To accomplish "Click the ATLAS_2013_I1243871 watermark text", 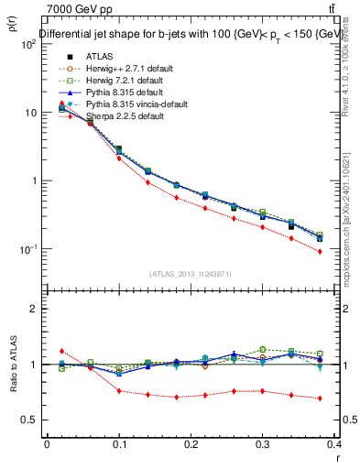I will pos(190,274).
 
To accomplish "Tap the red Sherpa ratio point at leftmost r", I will pos(61,351).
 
